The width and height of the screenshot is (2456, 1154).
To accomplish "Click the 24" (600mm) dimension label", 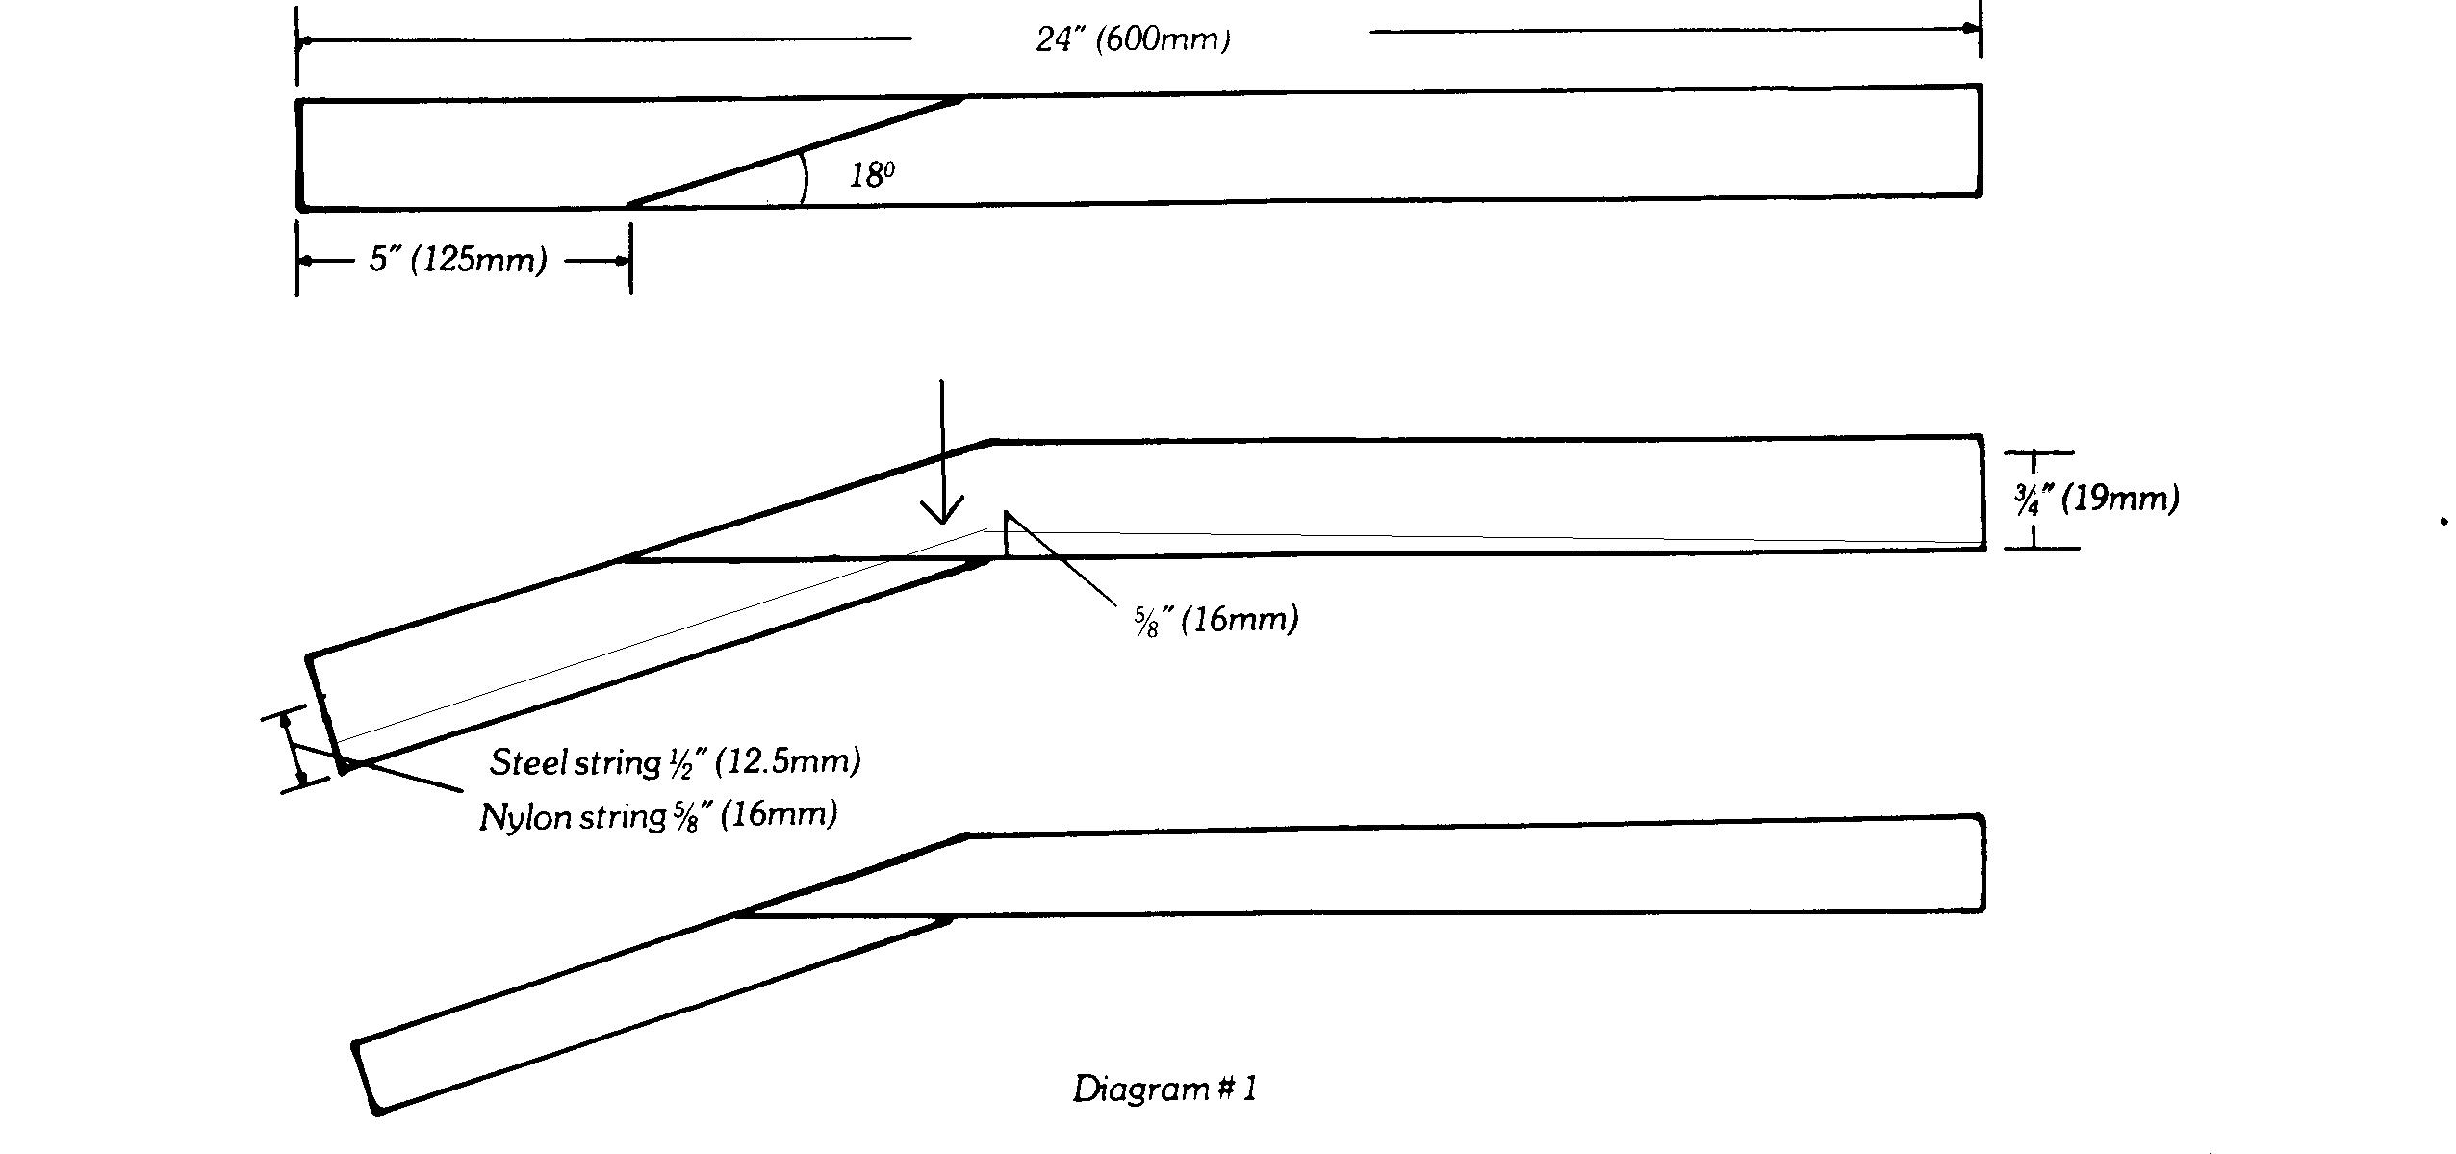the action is point(1133,39).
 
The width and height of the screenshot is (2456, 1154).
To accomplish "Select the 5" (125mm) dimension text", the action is point(458,260).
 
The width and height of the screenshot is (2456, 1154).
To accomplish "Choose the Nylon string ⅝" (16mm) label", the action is point(658,816).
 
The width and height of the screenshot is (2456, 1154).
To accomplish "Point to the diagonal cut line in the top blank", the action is point(795,151).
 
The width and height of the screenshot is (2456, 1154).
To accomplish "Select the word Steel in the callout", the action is point(527,762).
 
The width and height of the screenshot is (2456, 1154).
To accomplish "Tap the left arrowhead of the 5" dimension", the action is point(307,261).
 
